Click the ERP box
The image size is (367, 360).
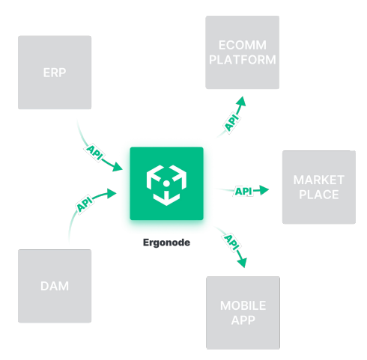(55, 73)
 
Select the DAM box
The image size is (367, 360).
(55, 286)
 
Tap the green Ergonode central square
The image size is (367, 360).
(166, 183)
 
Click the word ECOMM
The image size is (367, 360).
(243, 45)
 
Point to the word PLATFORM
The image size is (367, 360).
(243, 60)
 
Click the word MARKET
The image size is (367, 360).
(319, 180)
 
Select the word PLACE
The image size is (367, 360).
(319, 195)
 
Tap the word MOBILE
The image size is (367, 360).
(243, 305)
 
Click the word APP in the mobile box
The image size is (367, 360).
(243, 320)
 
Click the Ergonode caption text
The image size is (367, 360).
(166, 242)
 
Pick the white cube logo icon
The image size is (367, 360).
(166, 185)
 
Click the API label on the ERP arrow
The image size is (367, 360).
(94, 153)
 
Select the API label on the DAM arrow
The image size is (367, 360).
(85, 204)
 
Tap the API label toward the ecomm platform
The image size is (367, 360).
(232, 122)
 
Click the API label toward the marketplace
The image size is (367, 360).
(243, 192)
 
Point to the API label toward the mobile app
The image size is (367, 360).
(231, 242)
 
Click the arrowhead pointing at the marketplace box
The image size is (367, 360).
(264, 190)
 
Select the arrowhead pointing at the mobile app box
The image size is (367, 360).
(242, 263)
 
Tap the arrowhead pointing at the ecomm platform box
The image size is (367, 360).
(241, 101)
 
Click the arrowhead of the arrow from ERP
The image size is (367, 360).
(117, 167)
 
